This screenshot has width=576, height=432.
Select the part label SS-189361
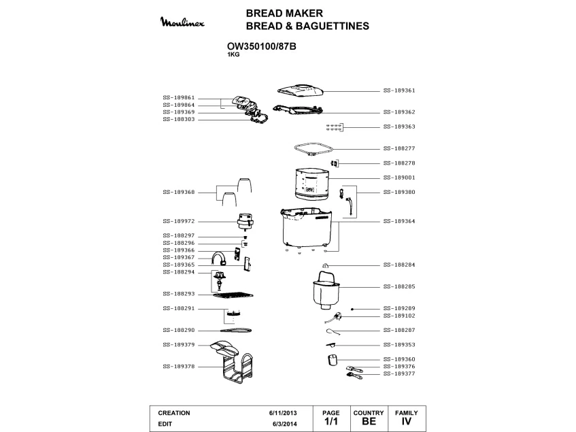[399, 90]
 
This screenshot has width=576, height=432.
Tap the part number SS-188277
[399, 148]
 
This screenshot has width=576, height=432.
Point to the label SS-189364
[399, 221]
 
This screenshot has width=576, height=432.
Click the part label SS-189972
[179, 221]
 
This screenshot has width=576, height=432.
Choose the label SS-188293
[179, 294]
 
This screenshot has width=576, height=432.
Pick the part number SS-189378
[179, 366]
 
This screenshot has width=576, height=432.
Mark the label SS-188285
[399, 286]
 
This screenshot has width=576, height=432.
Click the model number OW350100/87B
[261, 47]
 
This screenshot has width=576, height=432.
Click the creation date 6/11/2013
[284, 413]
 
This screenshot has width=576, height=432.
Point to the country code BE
[369, 422]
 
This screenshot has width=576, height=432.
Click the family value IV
[407, 422]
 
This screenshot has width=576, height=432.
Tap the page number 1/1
[331, 422]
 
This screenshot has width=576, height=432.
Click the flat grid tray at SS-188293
[233, 295]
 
